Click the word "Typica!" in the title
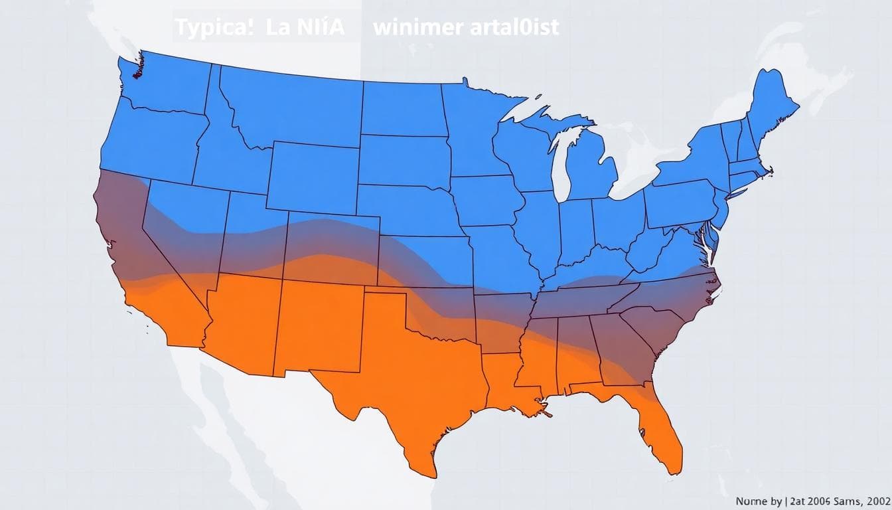tap(214, 28)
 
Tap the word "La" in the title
tap(279, 28)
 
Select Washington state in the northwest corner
tap(166, 86)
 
